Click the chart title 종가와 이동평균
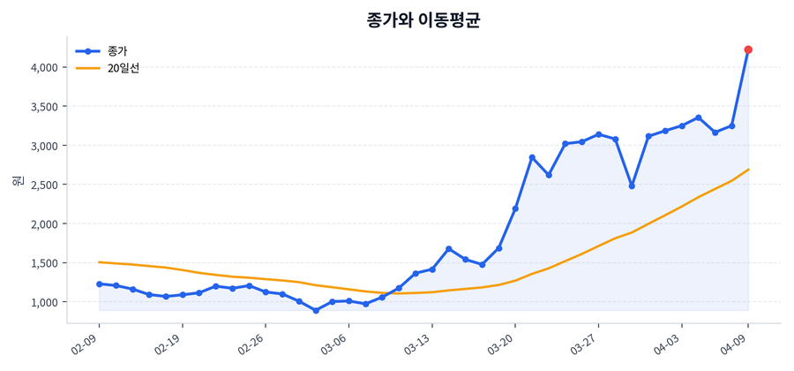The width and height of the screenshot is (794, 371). pyautogui.click(x=423, y=19)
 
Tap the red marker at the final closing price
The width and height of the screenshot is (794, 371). pyautogui.click(x=748, y=49)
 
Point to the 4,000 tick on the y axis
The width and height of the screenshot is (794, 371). pyautogui.click(x=41, y=67)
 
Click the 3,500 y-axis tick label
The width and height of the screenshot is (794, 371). pyautogui.click(x=41, y=107)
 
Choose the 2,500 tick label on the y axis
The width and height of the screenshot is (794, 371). pyautogui.click(x=41, y=185)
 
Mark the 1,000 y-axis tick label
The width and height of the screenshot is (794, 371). pyautogui.click(x=41, y=302)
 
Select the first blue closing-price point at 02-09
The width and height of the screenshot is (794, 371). pyautogui.click(x=99, y=284)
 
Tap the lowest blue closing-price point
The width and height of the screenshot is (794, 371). pyautogui.click(x=316, y=310)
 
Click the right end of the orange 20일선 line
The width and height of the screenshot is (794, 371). pyautogui.click(x=748, y=170)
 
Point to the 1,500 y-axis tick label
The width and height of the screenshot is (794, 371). pyautogui.click(x=41, y=263)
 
